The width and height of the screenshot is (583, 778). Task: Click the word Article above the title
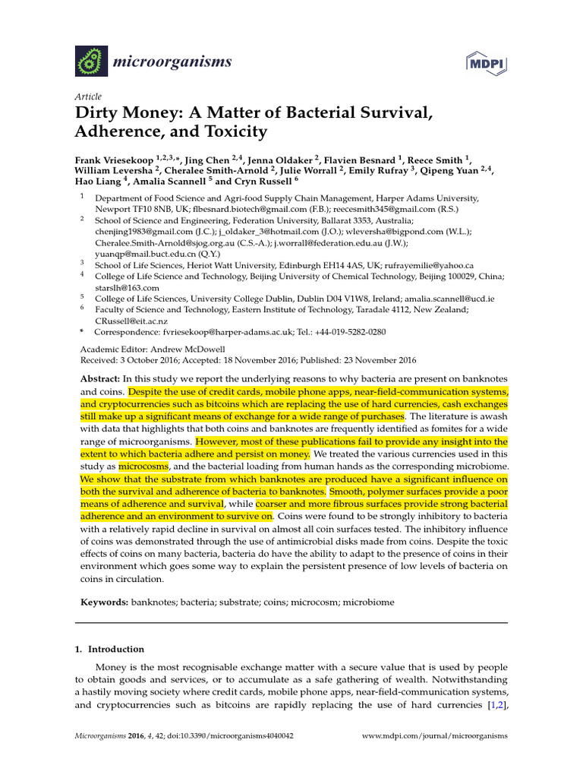(x=88, y=97)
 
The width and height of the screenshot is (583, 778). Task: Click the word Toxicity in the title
(x=235, y=131)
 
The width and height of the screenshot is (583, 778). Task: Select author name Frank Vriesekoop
(x=114, y=160)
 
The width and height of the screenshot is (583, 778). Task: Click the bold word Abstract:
(x=99, y=378)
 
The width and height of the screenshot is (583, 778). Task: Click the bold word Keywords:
(x=104, y=602)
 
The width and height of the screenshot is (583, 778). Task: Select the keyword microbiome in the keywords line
(x=367, y=602)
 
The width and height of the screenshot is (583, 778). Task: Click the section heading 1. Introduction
(x=109, y=650)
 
